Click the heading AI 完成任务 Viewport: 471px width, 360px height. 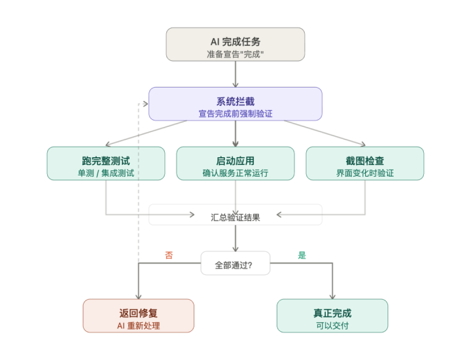235,41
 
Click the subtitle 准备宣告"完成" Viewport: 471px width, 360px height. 235,54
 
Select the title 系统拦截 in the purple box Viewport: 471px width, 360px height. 235,101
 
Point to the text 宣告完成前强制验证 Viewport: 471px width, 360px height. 235,114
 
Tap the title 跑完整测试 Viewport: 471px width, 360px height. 105,160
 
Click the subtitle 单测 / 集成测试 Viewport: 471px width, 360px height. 105,173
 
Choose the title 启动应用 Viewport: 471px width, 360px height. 235,160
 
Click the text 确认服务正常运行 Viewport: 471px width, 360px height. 235,173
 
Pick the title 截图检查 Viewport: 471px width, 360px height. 364,160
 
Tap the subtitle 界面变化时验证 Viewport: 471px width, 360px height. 364,173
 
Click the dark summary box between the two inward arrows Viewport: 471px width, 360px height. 235,215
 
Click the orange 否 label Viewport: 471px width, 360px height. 169,255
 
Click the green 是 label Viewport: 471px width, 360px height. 302,255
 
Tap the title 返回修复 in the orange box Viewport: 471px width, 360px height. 138,313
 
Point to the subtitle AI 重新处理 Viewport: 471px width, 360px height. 138,326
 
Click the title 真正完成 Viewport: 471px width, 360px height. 332,313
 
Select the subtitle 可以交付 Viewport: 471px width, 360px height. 332,326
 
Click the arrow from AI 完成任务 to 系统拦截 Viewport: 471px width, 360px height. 235,74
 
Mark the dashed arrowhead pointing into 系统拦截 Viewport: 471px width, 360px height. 143,103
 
